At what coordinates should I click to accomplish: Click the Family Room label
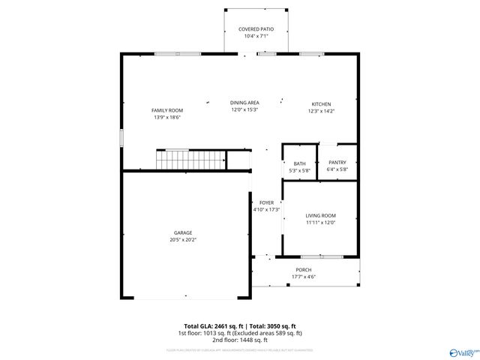(x=167, y=110)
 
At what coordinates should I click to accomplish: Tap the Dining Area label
(x=244, y=103)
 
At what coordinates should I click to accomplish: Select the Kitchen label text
(x=322, y=104)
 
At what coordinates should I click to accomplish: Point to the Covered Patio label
(x=256, y=29)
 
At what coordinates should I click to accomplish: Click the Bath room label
(x=299, y=163)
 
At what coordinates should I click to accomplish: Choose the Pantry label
(x=337, y=163)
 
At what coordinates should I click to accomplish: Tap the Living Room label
(x=320, y=216)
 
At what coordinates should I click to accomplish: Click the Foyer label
(x=266, y=202)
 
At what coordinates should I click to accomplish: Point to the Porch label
(x=304, y=270)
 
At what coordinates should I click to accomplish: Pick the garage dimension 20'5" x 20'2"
(x=182, y=241)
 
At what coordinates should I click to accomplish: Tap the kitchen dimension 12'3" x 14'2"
(x=322, y=111)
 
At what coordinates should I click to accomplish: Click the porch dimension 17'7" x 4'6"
(x=304, y=277)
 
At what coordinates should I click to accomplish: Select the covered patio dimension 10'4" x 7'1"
(x=256, y=36)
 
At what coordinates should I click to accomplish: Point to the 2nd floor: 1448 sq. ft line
(x=239, y=339)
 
